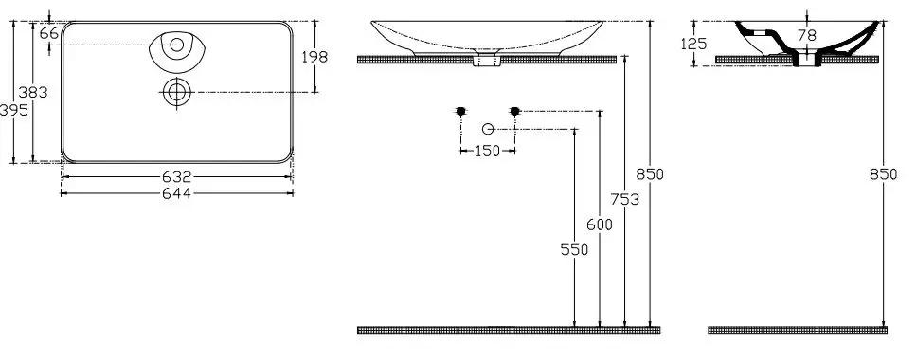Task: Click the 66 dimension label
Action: point(49,33)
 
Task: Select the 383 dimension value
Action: point(33,92)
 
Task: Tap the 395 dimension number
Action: point(13,110)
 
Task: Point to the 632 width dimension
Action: point(176,176)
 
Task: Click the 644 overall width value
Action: point(176,193)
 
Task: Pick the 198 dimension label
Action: point(314,57)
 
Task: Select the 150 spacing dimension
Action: point(487,151)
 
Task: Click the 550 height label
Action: point(574,249)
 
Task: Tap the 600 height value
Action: point(600,225)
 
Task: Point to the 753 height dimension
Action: point(625,199)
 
